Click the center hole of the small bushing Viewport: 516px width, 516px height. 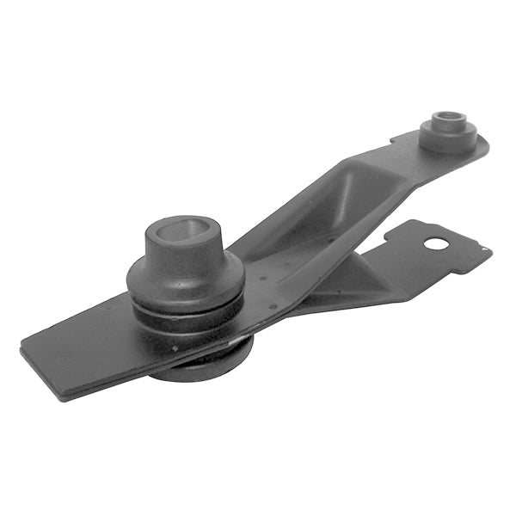click(x=445, y=117)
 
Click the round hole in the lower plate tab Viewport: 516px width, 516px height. click(x=437, y=243)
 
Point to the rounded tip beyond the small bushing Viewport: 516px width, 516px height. click(x=483, y=148)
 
